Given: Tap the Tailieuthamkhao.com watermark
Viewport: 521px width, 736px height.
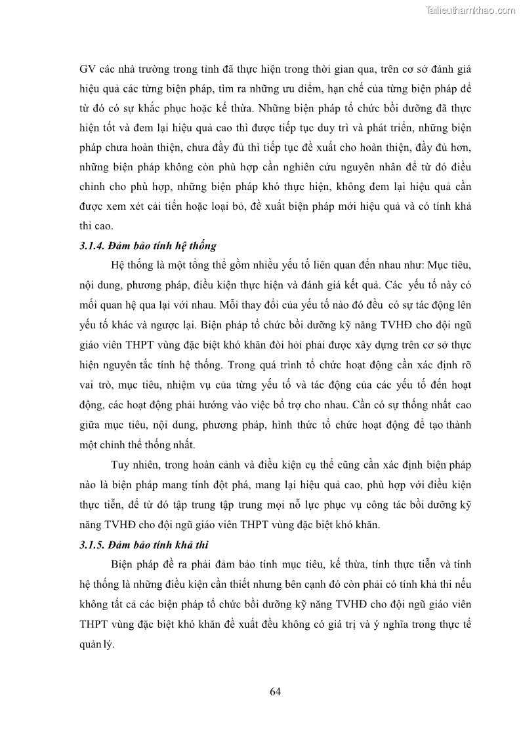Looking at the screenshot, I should pos(471,10).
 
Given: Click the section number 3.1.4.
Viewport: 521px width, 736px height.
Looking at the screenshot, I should pos(94,245).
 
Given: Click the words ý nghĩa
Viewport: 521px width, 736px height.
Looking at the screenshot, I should pos(383,625).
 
